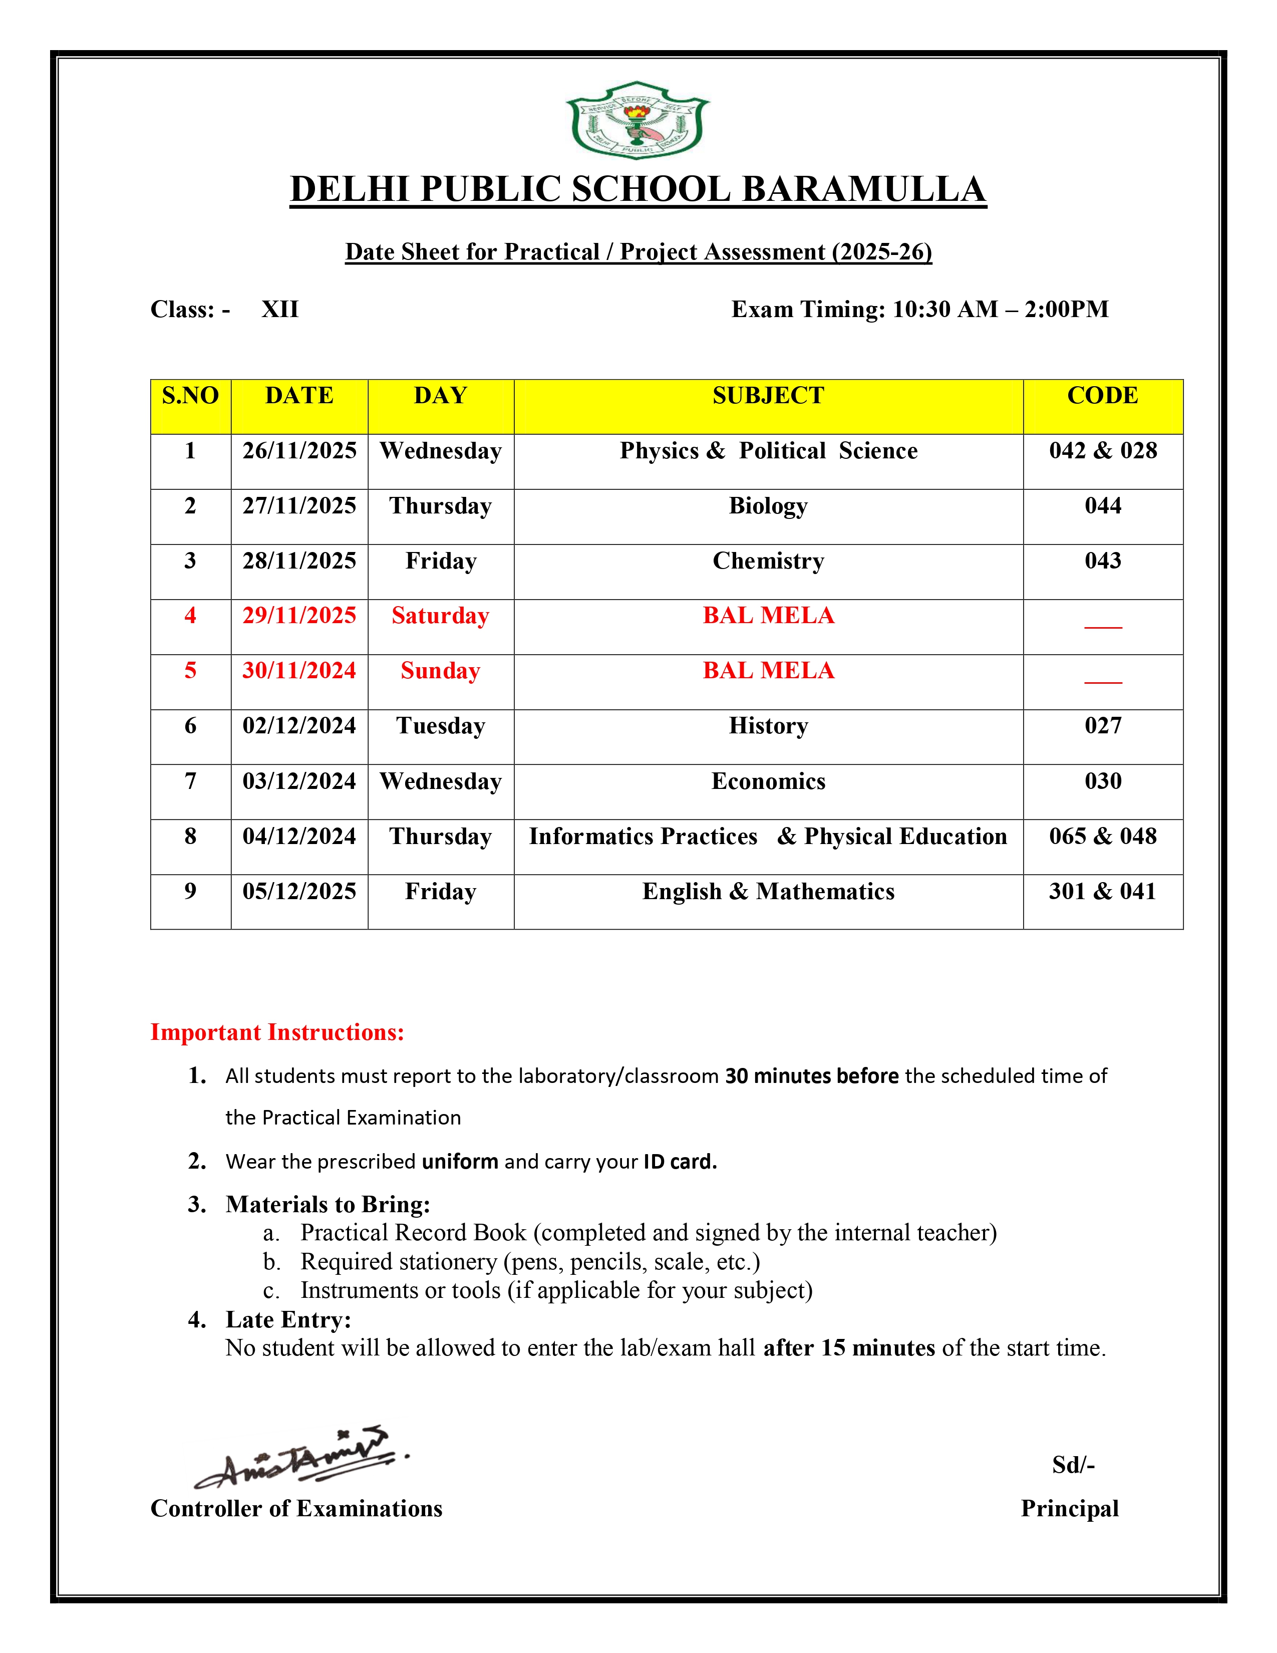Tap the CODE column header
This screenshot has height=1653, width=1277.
(1102, 396)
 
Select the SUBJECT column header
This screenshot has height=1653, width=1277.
(768, 396)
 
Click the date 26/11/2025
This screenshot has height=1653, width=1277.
(299, 451)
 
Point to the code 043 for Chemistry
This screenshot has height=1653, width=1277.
(1102, 561)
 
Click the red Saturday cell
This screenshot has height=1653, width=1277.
(440, 616)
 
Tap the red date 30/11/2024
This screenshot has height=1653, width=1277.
(299, 671)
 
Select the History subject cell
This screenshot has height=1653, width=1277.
(768, 726)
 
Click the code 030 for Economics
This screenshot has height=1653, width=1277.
(1102, 781)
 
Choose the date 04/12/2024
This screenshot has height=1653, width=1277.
(299, 837)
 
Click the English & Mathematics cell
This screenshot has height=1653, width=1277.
(768, 892)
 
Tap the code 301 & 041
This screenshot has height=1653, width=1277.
(1102, 892)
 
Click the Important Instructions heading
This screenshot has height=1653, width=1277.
(277, 1032)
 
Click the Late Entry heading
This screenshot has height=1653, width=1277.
(288, 1319)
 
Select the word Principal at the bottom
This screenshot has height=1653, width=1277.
(1069, 1508)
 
